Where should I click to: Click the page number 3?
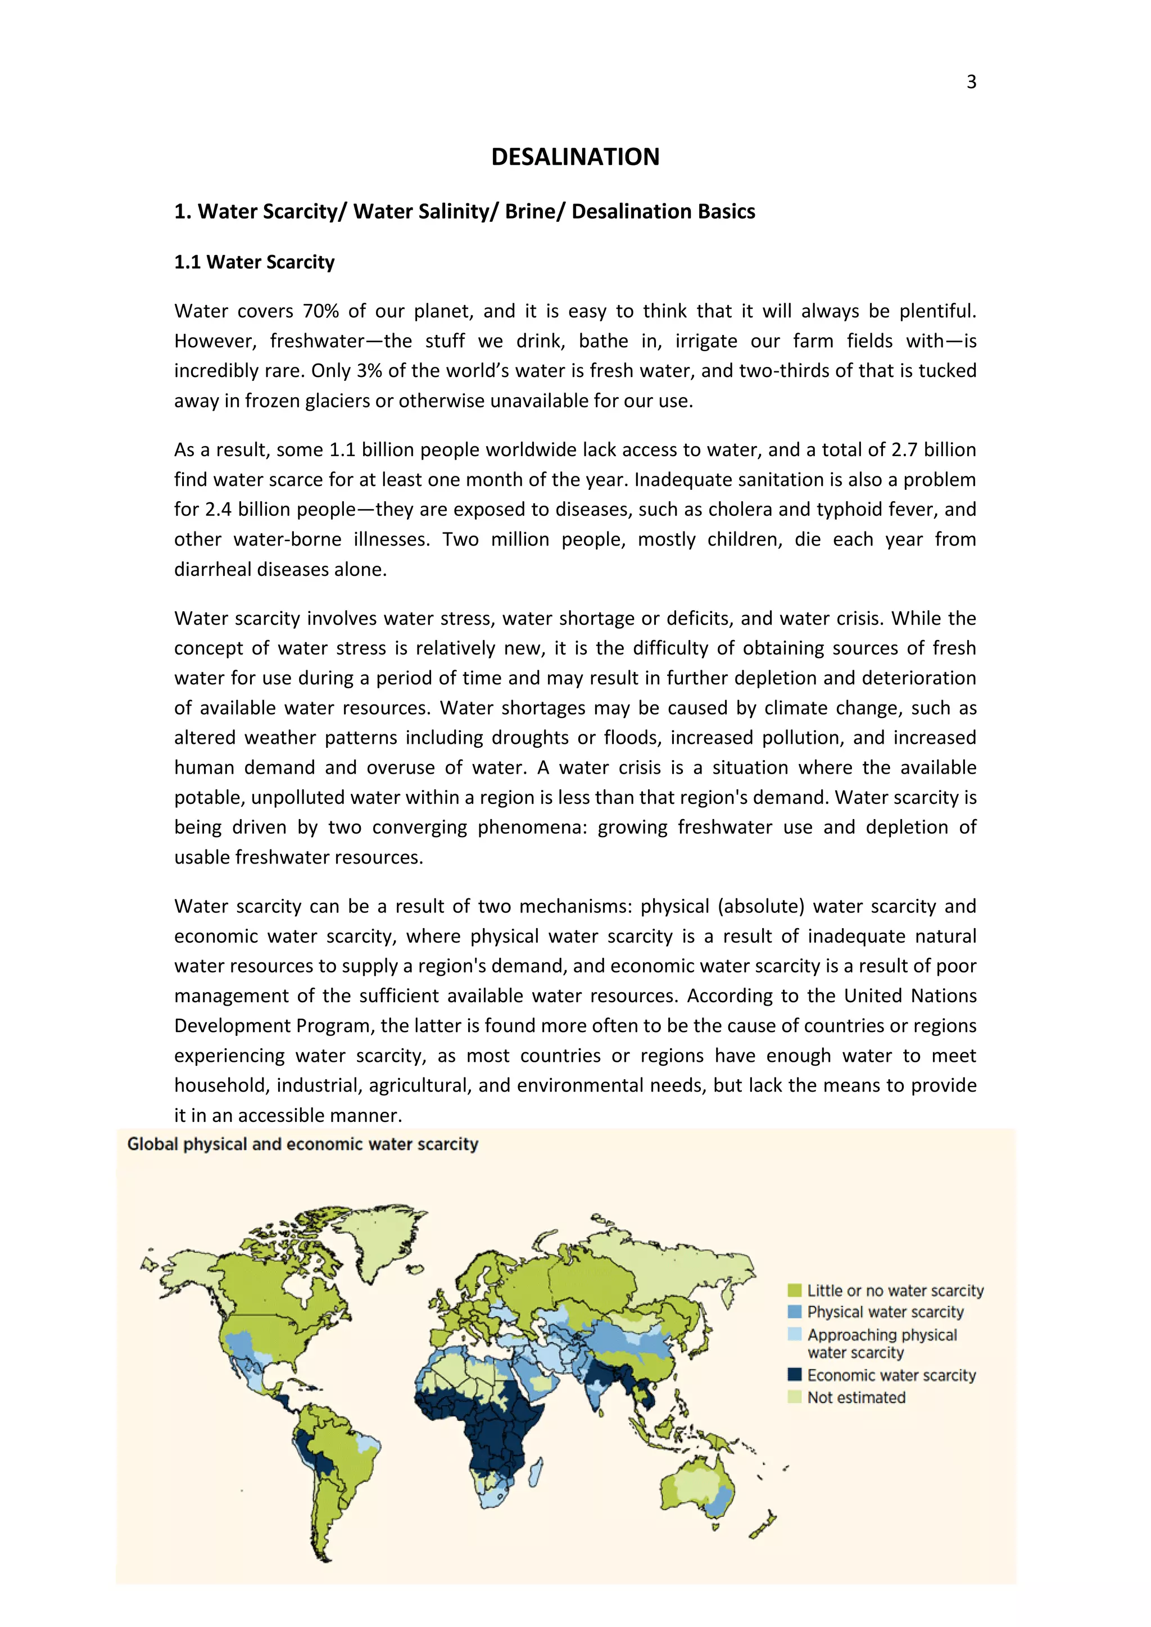pyautogui.click(x=971, y=82)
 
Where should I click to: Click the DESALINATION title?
pyautogui.click(x=575, y=157)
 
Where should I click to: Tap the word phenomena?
pyautogui.click(x=532, y=828)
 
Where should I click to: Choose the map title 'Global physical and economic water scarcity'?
pyautogui.click(x=302, y=1144)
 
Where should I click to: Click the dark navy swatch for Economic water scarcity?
pyautogui.click(x=795, y=1375)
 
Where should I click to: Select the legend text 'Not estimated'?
pyautogui.click(x=856, y=1397)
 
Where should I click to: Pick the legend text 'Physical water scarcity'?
pyautogui.click(x=885, y=1312)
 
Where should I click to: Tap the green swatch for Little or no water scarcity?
pyautogui.click(x=795, y=1290)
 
